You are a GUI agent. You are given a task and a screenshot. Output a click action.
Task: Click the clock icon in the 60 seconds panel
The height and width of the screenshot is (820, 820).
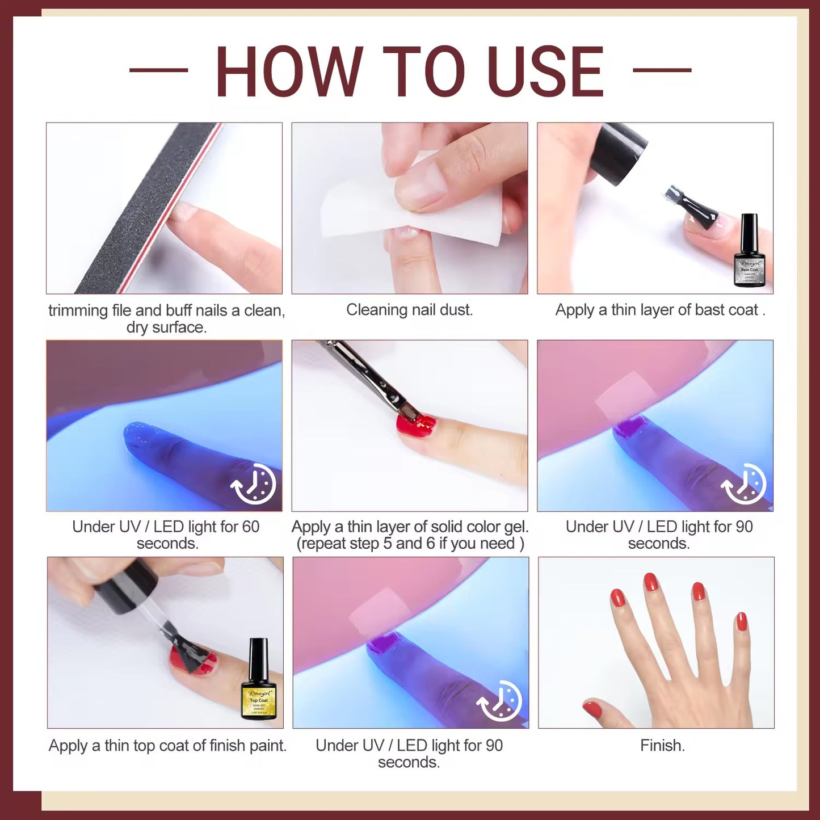[x=254, y=484]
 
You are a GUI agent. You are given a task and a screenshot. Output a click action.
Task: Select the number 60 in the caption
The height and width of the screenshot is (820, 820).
[x=250, y=527]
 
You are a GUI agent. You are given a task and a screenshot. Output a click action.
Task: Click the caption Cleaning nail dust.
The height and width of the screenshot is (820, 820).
[x=409, y=310]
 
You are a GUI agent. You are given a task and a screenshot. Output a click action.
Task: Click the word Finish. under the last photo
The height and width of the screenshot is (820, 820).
[x=662, y=745]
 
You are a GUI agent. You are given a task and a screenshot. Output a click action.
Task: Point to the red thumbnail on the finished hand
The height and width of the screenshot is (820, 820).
[x=592, y=708]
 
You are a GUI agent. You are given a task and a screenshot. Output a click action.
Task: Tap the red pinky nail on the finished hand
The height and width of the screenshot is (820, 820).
[x=741, y=621]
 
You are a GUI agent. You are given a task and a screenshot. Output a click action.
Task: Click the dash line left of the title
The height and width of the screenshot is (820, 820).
[x=158, y=70]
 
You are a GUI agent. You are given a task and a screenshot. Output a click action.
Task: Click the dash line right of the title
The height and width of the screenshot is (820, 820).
[x=662, y=70]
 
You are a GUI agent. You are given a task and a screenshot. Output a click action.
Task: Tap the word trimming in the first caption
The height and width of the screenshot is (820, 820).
[x=78, y=310]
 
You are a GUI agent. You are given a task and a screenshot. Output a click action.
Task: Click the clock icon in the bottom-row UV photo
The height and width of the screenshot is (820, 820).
[x=500, y=701]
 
